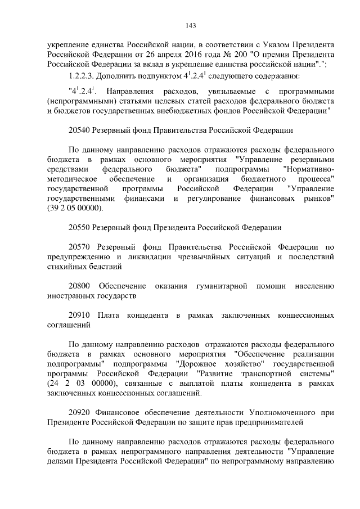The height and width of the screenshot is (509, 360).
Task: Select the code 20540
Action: [80, 130]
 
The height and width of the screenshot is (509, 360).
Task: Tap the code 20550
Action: [80, 227]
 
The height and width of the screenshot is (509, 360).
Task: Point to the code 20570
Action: [80, 247]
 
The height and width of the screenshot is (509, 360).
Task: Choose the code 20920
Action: [80, 412]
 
